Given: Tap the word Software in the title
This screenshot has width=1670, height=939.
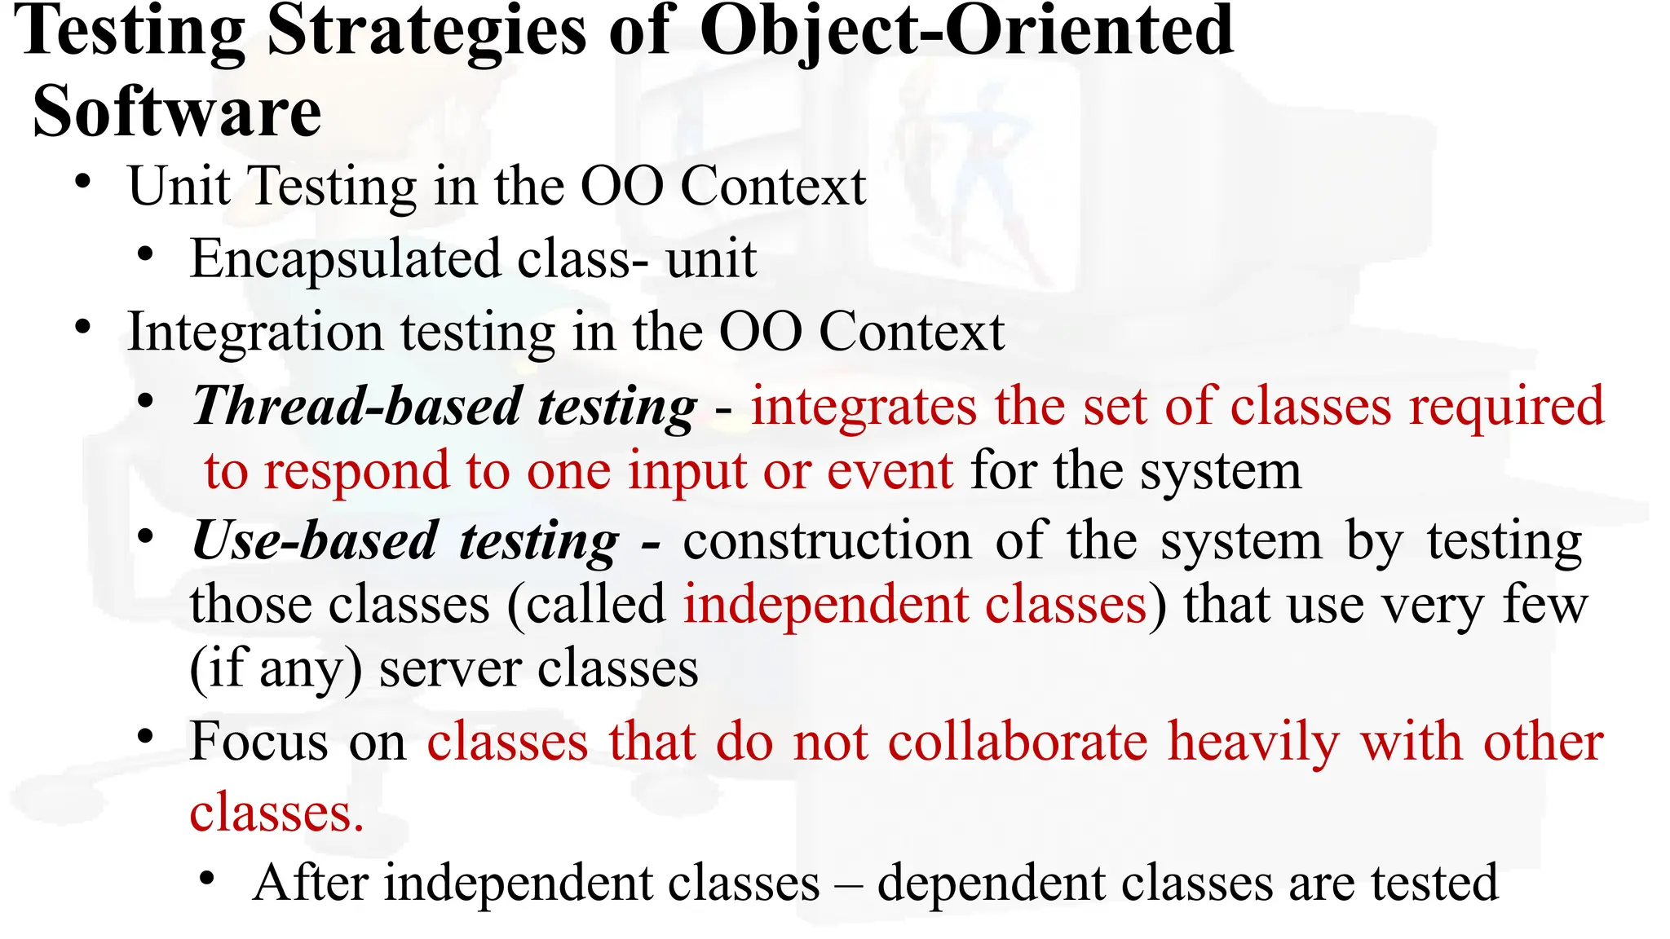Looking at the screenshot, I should tap(177, 112).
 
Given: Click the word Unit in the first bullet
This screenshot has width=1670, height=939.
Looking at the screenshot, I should tap(179, 186).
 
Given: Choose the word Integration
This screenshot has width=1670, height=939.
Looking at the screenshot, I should tap(255, 333).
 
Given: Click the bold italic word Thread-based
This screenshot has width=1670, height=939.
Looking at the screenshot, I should tap(356, 406).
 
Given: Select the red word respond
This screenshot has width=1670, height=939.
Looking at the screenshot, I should tap(356, 471).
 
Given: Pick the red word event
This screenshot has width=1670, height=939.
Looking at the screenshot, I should tap(890, 471).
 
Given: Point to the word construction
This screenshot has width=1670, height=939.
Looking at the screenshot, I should tap(827, 540).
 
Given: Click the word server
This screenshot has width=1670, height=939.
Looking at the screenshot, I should tap(450, 668).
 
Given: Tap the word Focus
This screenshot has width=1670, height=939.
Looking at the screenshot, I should tap(259, 742).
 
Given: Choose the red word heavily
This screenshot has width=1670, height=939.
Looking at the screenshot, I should tap(1253, 742).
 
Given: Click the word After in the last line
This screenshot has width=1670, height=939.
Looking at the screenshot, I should tap(310, 883).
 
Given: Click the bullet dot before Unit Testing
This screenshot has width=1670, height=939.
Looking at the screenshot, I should tap(82, 183).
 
